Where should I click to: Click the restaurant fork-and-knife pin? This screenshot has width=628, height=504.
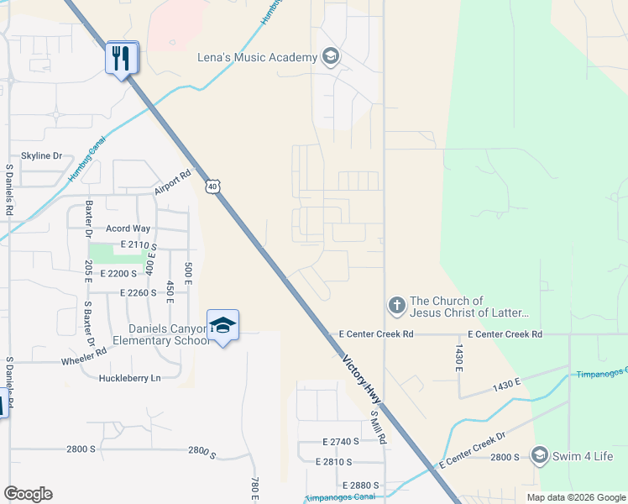click(123, 58)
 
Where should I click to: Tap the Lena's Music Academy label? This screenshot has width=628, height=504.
click(255, 57)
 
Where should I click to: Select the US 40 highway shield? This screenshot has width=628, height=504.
click(213, 187)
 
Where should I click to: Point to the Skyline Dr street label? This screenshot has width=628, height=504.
click(42, 156)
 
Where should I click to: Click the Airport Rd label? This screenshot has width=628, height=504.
click(173, 183)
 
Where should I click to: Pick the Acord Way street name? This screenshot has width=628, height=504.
click(128, 228)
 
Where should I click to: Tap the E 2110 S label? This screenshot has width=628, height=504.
click(139, 244)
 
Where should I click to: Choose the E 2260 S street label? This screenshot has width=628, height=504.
click(139, 292)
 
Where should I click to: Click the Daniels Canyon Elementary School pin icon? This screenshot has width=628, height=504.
click(222, 326)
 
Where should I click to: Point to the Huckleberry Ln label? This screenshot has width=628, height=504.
click(129, 378)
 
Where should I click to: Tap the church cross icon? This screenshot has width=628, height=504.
click(396, 306)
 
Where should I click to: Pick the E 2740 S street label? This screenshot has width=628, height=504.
click(341, 442)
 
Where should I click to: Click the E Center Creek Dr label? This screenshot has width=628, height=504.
click(471, 451)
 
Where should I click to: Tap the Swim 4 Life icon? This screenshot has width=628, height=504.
click(541, 457)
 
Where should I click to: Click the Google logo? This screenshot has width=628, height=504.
click(28, 494)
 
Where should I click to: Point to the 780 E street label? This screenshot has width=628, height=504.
click(254, 486)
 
